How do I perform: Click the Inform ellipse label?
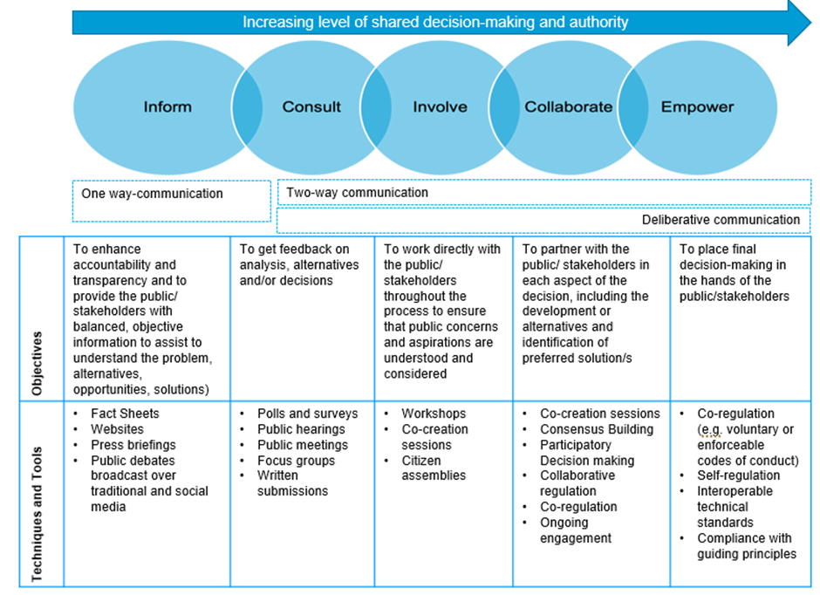coord(167,107)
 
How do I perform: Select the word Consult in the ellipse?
coord(311,107)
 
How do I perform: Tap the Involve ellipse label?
coord(440,107)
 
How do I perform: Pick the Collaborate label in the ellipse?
coord(568,107)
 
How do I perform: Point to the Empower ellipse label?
coord(697,107)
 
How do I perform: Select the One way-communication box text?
coord(152,194)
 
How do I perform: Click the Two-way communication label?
coord(357,192)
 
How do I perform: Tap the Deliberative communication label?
coord(721,220)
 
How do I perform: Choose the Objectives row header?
coord(37,364)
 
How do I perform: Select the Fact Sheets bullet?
coord(125,414)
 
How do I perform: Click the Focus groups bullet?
coord(296,461)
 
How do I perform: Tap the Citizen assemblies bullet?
coord(434,468)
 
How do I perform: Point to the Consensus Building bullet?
coord(596,429)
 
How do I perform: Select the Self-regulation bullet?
coord(738,476)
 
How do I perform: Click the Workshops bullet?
coord(434,414)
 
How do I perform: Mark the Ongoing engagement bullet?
coord(576,530)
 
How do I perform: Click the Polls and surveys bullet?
coord(307,414)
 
